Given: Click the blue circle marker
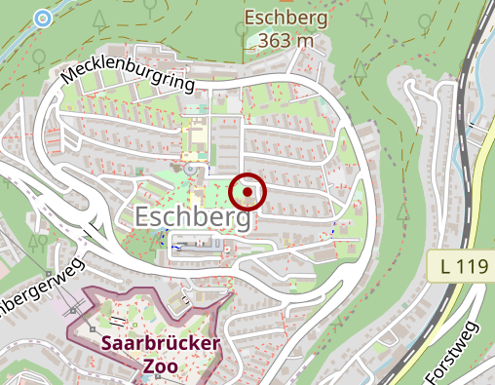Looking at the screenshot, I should (42, 18).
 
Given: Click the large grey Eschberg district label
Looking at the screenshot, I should (194, 217).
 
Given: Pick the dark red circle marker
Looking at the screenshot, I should (248, 192).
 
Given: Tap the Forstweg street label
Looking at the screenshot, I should (453, 352).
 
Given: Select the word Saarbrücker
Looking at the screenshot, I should (161, 344).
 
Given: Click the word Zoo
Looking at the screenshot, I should (161, 366).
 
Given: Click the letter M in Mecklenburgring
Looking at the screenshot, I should (71, 75).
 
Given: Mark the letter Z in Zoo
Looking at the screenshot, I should (148, 366).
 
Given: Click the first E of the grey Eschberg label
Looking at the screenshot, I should (146, 217).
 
